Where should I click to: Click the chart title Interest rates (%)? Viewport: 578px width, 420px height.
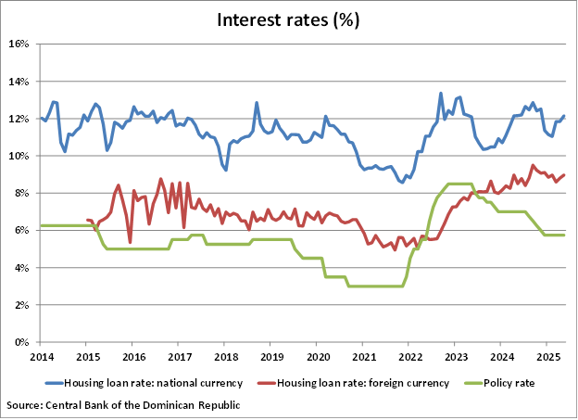point(288,19)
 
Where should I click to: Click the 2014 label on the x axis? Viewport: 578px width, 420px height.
point(41,356)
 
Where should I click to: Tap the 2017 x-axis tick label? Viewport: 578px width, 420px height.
point(179,356)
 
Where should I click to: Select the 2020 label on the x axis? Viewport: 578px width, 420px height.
point(317,356)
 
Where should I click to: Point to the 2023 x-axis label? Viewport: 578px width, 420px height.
point(455,356)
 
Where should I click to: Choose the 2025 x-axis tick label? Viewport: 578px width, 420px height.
point(547,356)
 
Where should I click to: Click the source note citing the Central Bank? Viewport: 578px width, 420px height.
point(123,405)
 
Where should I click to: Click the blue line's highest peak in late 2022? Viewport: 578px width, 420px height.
point(441,93)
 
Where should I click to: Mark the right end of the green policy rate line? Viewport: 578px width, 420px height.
point(564,235)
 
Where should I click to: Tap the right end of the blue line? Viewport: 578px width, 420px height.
point(564,116)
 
